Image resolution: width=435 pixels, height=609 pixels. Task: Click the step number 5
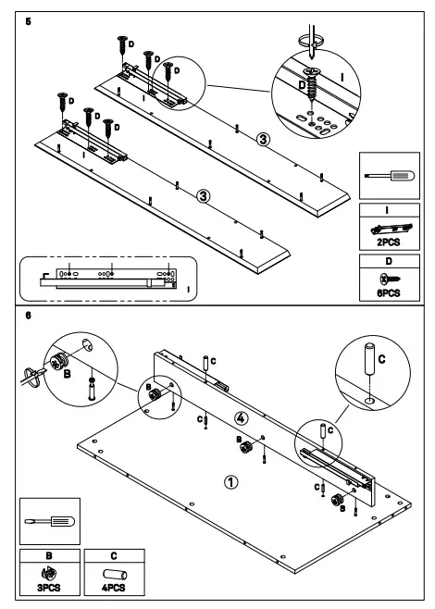(29, 19)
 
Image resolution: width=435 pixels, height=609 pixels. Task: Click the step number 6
(29, 315)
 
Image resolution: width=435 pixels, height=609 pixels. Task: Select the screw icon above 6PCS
(386, 276)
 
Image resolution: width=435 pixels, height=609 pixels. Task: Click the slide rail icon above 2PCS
(386, 225)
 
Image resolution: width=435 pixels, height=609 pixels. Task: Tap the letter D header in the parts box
(386, 262)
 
